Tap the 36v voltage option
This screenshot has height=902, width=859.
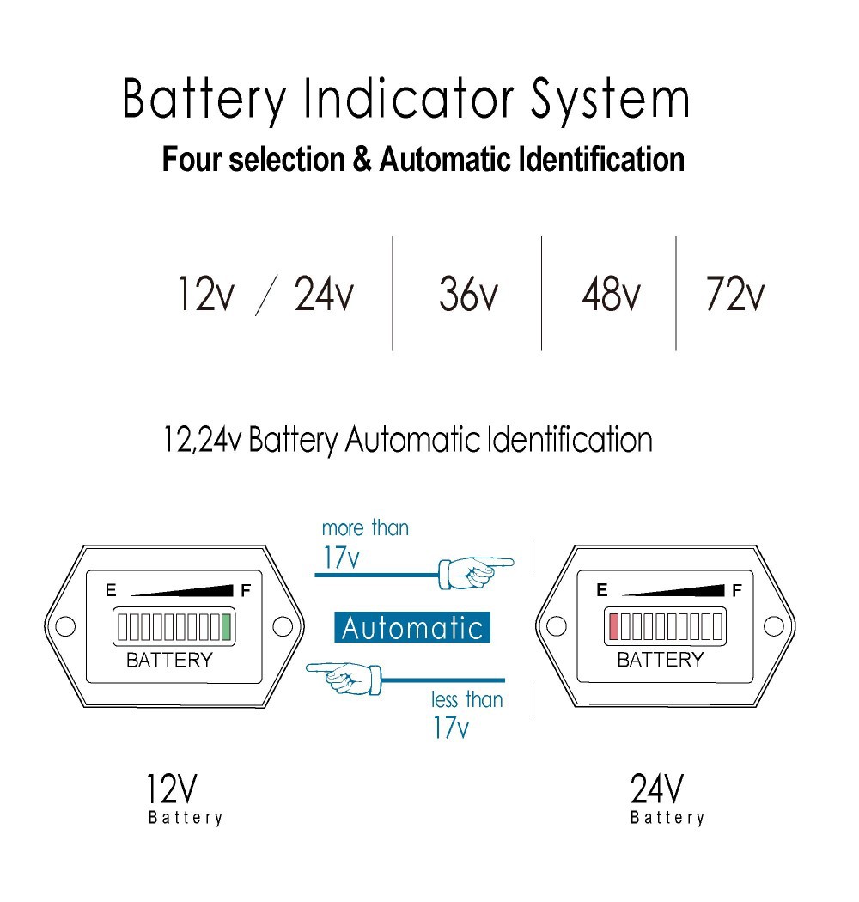467,295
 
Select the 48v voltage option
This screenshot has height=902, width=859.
610,295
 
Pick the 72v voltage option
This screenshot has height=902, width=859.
734,295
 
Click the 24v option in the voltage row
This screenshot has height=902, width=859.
324,295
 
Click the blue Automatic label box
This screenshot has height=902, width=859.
412,628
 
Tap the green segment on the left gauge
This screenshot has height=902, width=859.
227,627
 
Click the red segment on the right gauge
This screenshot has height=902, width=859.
613,627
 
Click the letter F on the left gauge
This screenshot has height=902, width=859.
246,590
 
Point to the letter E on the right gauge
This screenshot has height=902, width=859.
601,590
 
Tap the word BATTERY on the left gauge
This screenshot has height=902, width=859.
169,660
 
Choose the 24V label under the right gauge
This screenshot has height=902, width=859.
657,788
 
